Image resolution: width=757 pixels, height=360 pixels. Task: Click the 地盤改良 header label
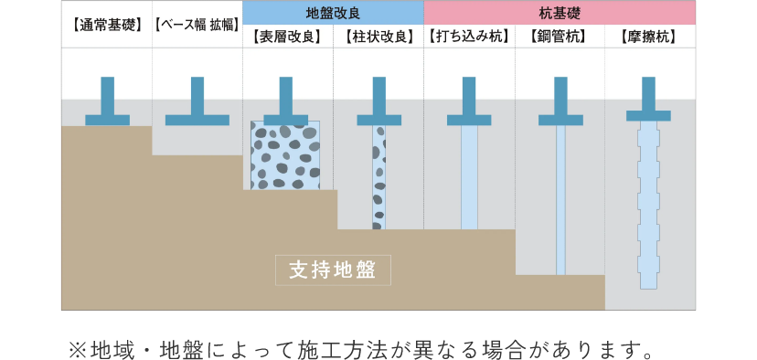pos(333,13)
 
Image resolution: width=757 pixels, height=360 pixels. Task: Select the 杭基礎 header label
pos(560,13)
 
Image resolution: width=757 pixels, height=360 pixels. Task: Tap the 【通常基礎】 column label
pos(106,37)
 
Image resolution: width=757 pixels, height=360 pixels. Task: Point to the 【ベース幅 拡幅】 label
pos(197,37)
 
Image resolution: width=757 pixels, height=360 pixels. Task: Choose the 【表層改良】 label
pos(287,37)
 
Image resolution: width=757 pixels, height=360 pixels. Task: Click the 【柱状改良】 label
pos(378,37)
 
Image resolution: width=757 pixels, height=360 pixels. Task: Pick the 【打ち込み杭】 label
pos(469,37)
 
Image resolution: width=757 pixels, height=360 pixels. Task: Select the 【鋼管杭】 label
pos(559,37)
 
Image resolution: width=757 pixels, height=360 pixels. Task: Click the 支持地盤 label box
pos(333,270)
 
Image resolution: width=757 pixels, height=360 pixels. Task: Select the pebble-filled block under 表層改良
pos(285,156)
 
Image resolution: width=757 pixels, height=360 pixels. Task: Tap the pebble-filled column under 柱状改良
pos(378,177)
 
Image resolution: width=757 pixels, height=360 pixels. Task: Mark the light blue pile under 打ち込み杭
pos(469,177)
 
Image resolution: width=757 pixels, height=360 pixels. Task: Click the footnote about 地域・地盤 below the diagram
pos(362,349)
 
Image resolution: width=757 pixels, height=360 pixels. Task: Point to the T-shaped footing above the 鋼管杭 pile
pos(560,105)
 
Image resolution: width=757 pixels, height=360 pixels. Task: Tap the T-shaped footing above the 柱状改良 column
pos(378,105)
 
